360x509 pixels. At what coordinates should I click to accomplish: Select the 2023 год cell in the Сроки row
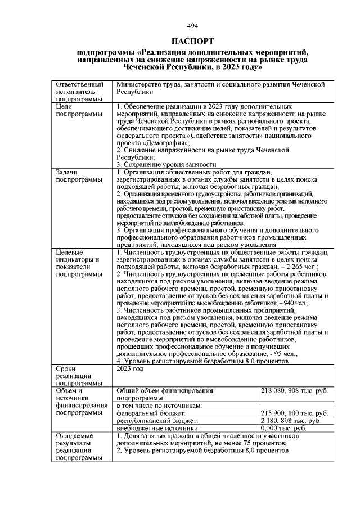click(x=130, y=369)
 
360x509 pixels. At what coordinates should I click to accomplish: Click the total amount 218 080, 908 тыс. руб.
click(x=294, y=390)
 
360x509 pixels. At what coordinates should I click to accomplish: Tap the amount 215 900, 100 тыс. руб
click(x=294, y=413)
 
